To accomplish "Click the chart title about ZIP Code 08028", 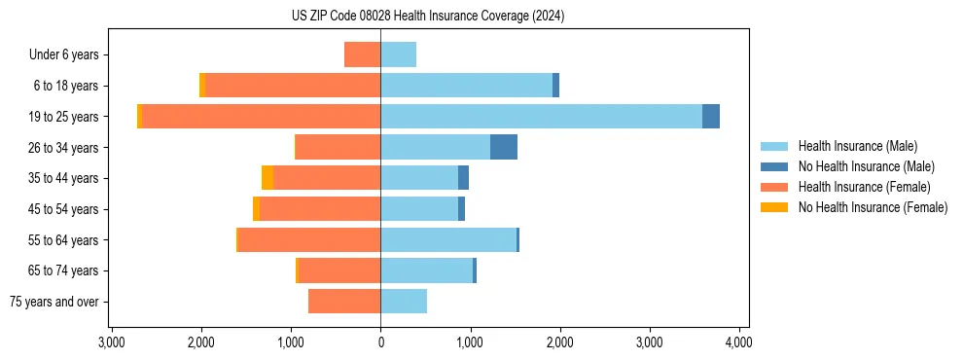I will tap(428, 17).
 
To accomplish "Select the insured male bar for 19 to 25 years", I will tap(541, 116).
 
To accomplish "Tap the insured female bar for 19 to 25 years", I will tap(261, 116).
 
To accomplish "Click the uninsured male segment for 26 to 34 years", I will tap(503, 147).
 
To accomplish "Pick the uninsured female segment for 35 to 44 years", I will tap(267, 178).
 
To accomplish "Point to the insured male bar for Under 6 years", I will tap(398, 54).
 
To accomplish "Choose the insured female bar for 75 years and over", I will tap(344, 302).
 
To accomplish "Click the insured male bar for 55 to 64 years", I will tap(448, 239).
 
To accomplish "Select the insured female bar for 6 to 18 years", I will tap(293, 86).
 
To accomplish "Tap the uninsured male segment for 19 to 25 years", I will tap(711, 116).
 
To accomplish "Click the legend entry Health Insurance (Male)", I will tap(857, 146).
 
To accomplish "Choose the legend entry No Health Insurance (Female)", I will tap(873, 207).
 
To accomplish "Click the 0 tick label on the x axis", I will tap(380, 342).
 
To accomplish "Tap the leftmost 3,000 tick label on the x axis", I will tap(112, 342).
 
